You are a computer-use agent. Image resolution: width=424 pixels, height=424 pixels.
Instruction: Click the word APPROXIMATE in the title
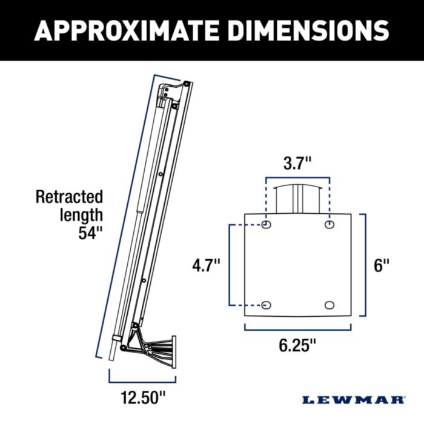coord(124,30)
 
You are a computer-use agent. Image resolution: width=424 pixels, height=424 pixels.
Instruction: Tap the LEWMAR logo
coord(354,400)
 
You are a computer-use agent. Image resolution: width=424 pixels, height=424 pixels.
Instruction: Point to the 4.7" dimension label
coord(206,265)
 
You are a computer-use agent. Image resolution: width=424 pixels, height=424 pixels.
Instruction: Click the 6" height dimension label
coord(381,265)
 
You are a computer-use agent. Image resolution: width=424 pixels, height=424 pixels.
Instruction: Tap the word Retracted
coord(69,197)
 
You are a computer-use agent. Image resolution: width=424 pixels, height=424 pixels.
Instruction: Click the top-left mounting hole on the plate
coord(267,225)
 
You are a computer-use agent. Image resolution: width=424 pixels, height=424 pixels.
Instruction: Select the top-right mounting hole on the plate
coord(330,225)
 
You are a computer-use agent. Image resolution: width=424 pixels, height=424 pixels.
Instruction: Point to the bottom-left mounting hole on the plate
coord(267,305)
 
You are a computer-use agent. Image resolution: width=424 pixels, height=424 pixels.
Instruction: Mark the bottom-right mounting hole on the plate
coord(330,305)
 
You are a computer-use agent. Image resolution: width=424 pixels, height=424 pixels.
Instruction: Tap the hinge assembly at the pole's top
coord(173,92)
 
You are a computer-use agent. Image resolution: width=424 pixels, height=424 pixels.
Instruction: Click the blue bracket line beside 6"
coord(365,265)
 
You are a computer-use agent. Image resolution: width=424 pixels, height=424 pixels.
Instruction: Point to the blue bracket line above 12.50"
coord(142,382)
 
